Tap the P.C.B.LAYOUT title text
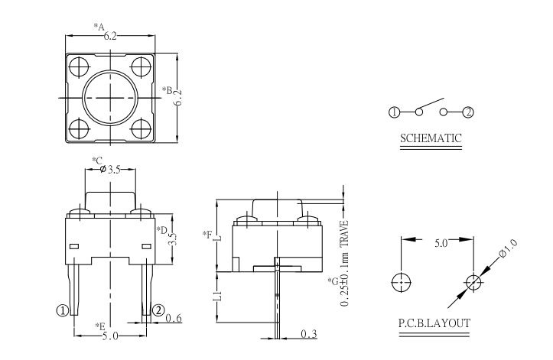(434, 323)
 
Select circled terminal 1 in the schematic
(394, 112)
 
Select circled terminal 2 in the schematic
(468, 112)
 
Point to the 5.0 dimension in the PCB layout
(441, 243)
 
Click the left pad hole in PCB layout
(400, 281)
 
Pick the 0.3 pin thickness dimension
(309, 334)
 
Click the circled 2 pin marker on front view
(158, 310)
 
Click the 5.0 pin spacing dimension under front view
(110, 334)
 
